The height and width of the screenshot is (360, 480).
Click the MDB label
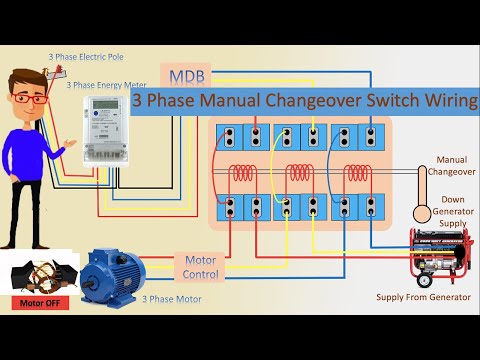tap(183, 77)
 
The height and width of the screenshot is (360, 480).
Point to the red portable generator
tap(436, 256)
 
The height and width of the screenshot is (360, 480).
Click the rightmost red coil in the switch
tap(356, 173)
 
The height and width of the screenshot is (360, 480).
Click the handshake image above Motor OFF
tap(38, 277)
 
